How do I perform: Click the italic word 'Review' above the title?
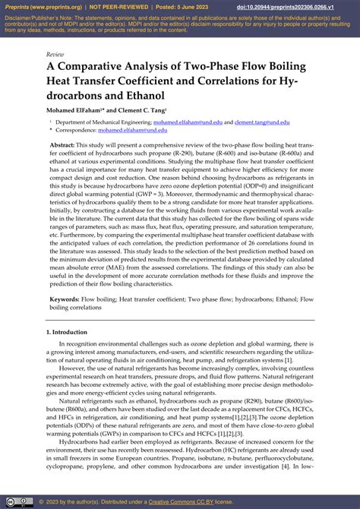pyautogui.click(x=55, y=55)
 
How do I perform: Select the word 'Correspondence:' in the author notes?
pyautogui.click(x=80, y=131)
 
